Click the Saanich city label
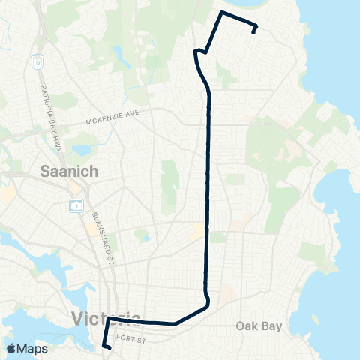click(x=68, y=172)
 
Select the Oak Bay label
click(x=258, y=325)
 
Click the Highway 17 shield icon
click(x=38, y=61)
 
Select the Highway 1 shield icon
click(x=76, y=205)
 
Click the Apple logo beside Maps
click(x=12, y=348)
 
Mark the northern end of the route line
click(x=255, y=32)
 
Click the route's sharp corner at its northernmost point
click(x=220, y=13)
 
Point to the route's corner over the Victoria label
click(x=108, y=319)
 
